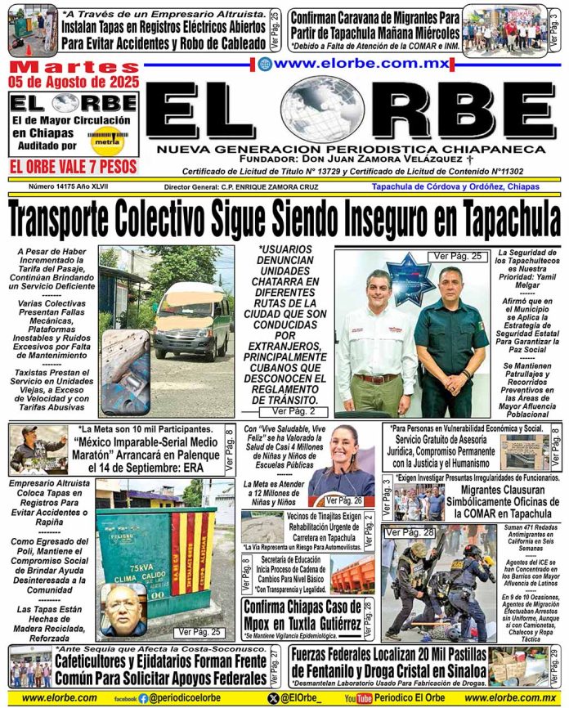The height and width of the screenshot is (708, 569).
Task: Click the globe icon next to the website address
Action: (x=265, y=63)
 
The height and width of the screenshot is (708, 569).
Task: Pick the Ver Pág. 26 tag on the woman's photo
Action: (x=343, y=500)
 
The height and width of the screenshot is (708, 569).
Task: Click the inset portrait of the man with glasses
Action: (x=123, y=606)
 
